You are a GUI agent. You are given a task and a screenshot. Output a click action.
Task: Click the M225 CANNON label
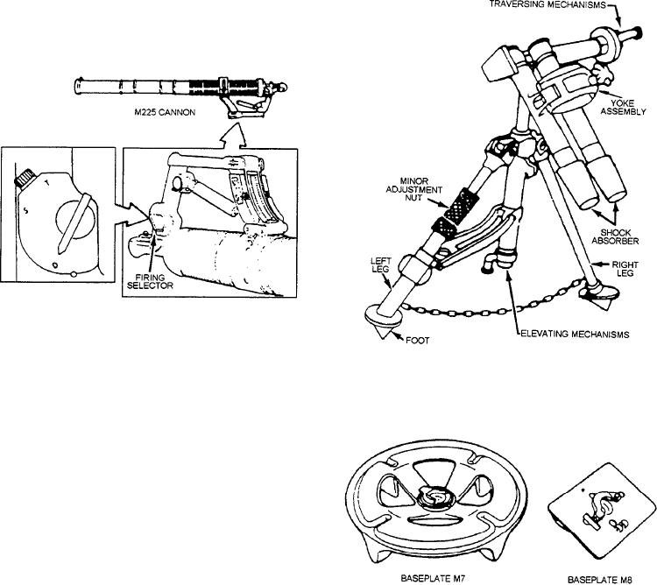pyautogui.click(x=165, y=112)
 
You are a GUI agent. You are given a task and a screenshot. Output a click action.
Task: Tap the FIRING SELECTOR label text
pyautogui.click(x=150, y=281)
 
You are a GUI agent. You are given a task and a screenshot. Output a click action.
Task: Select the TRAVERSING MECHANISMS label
pyautogui.click(x=547, y=5)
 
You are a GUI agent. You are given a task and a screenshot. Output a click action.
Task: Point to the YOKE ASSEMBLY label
pyautogui.click(x=623, y=107)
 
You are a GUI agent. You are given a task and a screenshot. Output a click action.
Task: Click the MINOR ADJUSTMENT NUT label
pyautogui.click(x=414, y=189)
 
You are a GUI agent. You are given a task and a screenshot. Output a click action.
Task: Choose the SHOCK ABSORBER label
pyautogui.click(x=615, y=236)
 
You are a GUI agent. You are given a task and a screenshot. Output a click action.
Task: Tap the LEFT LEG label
pyautogui.click(x=380, y=265)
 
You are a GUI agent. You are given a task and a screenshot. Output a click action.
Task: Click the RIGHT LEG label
pyautogui.click(x=625, y=269)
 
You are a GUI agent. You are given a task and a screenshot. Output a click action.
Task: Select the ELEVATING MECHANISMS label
pyautogui.click(x=575, y=335)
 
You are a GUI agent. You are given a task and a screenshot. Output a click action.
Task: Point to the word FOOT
pyautogui.click(x=417, y=341)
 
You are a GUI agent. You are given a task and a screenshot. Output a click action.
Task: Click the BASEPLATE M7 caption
pyautogui.click(x=433, y=578)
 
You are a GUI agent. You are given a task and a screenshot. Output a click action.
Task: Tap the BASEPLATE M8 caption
pyautogui.click(x=599, y=580)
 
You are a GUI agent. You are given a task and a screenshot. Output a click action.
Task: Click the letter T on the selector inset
pyautogui.click(x=47, y=182)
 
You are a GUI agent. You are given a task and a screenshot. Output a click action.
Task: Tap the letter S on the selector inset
pyautogui.click(x=25, y=211)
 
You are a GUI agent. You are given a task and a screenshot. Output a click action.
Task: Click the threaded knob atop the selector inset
pyautogui.click(x=23, y=178)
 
